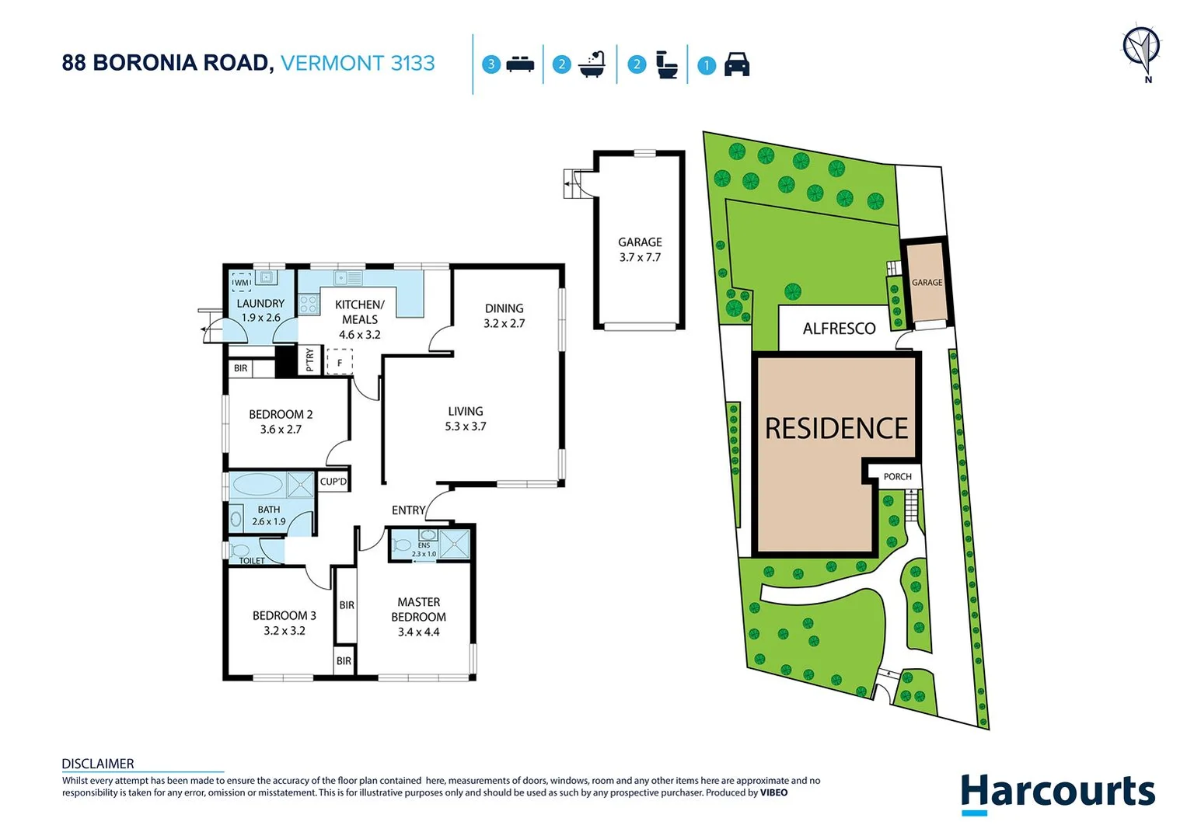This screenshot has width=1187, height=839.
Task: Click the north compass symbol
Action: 1141,48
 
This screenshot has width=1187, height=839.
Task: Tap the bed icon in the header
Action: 520,64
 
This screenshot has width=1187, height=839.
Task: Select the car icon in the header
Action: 736,64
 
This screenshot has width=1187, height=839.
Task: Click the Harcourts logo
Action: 1057,793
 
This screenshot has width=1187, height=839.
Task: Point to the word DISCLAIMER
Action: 98,764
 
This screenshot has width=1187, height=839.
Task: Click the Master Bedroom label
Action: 418,609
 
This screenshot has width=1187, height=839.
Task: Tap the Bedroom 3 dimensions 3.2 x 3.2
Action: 285,631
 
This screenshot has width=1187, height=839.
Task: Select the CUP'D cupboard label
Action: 333,482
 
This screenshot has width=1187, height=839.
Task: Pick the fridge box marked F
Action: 340,363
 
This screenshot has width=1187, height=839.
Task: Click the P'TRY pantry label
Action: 309,360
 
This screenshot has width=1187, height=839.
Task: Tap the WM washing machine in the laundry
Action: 242,283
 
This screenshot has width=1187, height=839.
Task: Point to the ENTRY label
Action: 408,510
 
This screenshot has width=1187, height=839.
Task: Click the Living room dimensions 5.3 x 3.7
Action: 466,426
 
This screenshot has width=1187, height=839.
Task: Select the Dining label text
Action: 504,308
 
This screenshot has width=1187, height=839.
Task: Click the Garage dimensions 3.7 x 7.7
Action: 640,257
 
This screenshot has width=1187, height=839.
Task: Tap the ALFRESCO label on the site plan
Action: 839,329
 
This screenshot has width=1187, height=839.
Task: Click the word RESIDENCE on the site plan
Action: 836,429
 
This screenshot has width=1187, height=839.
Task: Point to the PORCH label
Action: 897,477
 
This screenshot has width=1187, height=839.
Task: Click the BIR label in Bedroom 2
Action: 241,368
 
